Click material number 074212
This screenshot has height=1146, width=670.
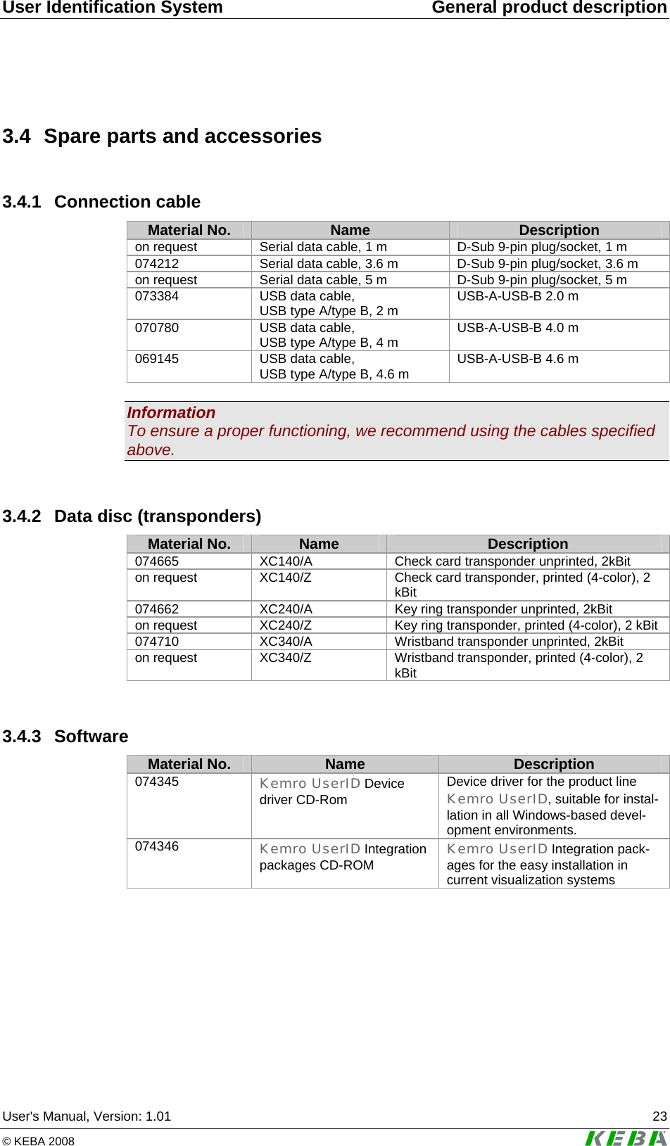(157, 264)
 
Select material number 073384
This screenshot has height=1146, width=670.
(157, 296)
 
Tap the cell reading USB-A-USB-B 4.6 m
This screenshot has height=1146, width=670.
(517, 359)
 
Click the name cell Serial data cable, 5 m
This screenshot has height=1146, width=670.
(323, 280)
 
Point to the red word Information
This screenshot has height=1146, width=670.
(171, 413)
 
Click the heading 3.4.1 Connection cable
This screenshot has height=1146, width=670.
(101, 202)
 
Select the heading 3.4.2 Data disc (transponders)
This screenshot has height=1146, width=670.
(132, 516)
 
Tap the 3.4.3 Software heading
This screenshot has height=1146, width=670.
(65, 737)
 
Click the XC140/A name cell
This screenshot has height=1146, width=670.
(286, 561)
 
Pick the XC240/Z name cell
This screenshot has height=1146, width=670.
(286, 625)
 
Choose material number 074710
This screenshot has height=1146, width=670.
(157, 642)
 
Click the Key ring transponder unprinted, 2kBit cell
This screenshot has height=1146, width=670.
(503, 609)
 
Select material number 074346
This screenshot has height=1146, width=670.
(157, 846)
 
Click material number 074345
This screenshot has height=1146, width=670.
(157, 782)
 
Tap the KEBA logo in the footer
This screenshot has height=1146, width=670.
(626, 1138)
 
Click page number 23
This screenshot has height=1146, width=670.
(659, 1116)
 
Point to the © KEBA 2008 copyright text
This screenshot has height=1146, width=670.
(39, 1141)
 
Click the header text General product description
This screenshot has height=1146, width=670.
(549, 8)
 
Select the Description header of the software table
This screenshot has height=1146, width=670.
(554, 764)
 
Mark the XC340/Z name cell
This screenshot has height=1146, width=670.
(286, 658)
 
